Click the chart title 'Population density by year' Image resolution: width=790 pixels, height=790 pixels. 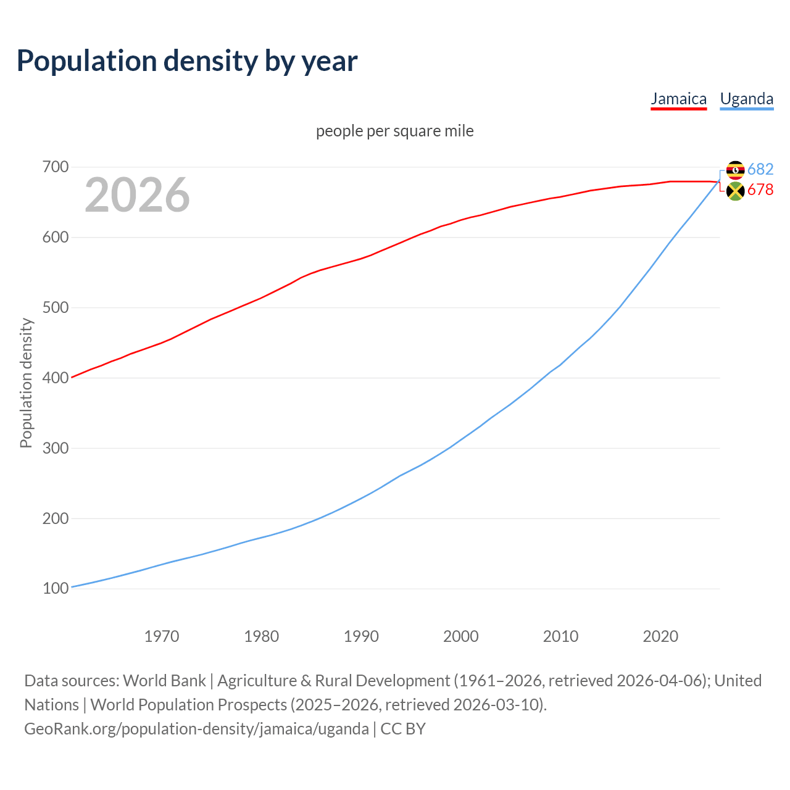tap(187, 61)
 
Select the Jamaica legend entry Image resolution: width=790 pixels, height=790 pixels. tap(678, 99)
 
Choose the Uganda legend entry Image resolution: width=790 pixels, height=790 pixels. tap(746, 99)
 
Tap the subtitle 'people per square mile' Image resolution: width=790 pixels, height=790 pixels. tap(394, 131)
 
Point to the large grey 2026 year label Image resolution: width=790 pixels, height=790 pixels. tap(137, 195)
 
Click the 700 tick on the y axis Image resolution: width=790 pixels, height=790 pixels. tap(55, 167)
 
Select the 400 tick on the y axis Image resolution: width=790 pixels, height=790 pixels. tap(55, 378)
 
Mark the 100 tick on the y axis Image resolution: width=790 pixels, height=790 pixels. tap(55, 589)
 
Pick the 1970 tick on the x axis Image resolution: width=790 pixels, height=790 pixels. tap(162, 636)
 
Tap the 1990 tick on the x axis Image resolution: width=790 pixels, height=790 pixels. tap(361, 636)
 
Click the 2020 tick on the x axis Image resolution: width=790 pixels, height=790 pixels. tap(660, 636)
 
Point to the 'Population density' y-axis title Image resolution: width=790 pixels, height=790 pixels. tap(26, 383)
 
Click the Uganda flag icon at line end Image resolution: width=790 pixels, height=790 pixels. tap(735, 170)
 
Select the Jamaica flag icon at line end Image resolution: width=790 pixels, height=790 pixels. tap(735, 191)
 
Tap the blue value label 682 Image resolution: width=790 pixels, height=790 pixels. tap(760, 169)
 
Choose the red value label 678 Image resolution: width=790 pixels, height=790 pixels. tap(760, 190)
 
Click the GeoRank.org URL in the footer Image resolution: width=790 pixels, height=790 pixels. tap(196, 729)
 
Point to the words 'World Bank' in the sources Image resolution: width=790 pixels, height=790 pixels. tap(164, 681)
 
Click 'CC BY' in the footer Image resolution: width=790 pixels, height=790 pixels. tap(403, 729)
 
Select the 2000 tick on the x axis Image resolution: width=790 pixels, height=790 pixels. tap(461, 636)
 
